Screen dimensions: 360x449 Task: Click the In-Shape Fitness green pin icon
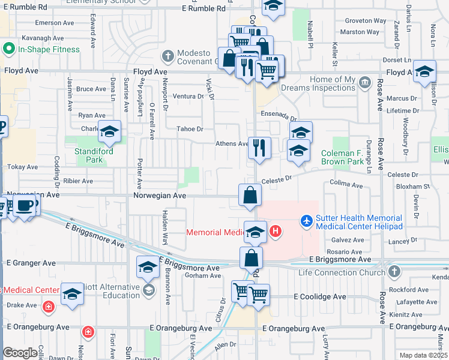[9, 49]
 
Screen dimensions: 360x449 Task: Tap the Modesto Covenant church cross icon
[167, 56]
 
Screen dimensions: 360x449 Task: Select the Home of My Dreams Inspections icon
[364, 81]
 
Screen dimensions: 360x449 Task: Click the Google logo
[20, 353]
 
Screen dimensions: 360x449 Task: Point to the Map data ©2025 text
[423, 355]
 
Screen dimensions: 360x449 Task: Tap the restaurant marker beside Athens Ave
[259, 148]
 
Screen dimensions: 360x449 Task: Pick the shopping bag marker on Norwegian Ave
[250, 195]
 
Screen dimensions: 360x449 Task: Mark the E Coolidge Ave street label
[319, 296]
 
